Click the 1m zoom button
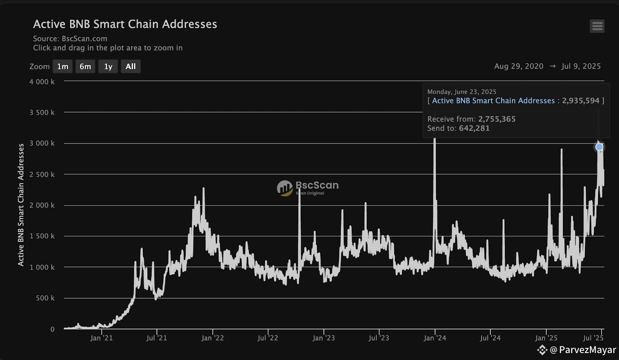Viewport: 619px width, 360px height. pos(63,67)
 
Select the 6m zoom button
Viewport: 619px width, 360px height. pos(85,67)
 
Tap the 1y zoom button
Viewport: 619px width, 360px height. pos(108,67)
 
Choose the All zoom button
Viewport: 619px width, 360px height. pos(131,67)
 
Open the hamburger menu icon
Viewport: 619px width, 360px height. pos(597,26)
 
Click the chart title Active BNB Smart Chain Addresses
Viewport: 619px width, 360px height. pos(125,24)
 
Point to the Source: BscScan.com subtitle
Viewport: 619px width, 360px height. pos(70,39)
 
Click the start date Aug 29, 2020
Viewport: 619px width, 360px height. pos(518,66)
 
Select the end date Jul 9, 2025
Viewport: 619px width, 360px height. pos(581,66)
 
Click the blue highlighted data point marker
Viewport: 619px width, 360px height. pos(599,147)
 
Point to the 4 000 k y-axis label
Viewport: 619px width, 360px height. pos(42,82)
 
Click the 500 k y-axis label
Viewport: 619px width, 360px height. pos(45,298)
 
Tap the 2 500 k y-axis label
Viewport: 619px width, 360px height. pos(42,175)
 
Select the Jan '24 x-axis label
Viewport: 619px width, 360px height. pos(435,338)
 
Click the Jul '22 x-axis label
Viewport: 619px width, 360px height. pos(268,338)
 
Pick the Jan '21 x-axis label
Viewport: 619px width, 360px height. pos(101,338)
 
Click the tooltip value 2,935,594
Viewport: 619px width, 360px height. pos(581,101)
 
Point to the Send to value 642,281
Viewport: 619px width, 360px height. pos(474,129)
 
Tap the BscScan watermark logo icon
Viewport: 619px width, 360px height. pos(285,188)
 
